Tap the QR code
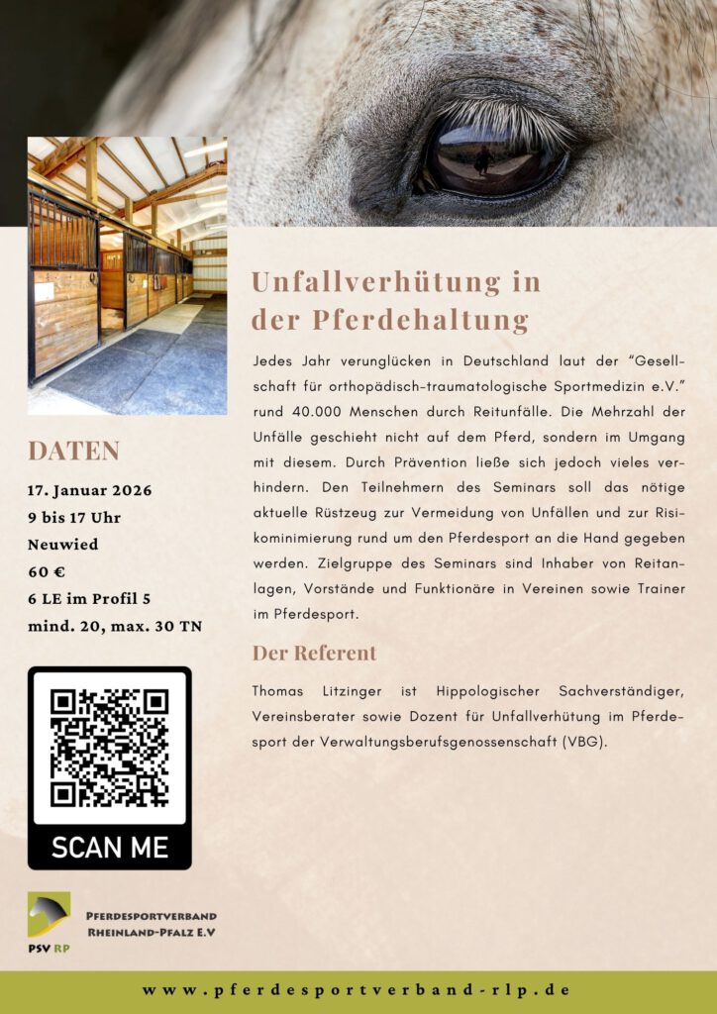[109, 748]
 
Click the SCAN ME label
[109, 848]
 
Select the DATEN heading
[73, 451]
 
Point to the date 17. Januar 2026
[90, 491]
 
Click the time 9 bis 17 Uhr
[74, 518]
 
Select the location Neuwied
[62, 545]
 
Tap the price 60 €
[47, 571]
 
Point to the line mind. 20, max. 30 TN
[115, 626]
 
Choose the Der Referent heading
[314, 654]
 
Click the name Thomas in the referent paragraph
[277, 689]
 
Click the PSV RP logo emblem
[49, 915]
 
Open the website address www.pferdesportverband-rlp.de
[357, 990]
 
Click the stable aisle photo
[127, 275]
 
